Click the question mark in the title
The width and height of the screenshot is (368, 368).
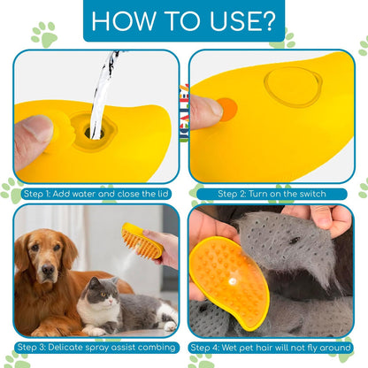[268, 21]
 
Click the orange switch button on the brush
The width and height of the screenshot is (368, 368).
[227, 110]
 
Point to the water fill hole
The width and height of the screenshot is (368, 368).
[95, 134]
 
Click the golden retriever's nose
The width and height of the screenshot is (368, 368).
[48, 269]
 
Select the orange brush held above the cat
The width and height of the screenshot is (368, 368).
[142, 241]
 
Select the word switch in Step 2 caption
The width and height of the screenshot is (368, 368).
[312, 194]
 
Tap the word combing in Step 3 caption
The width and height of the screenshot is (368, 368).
[156, 348]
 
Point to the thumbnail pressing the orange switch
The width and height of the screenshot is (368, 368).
[214, 108]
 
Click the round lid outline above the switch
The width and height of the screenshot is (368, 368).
[293, 87]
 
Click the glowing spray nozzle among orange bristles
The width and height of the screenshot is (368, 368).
[233, 281]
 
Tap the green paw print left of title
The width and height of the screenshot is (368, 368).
[44, 34]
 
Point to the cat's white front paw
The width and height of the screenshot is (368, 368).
[170, 326]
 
